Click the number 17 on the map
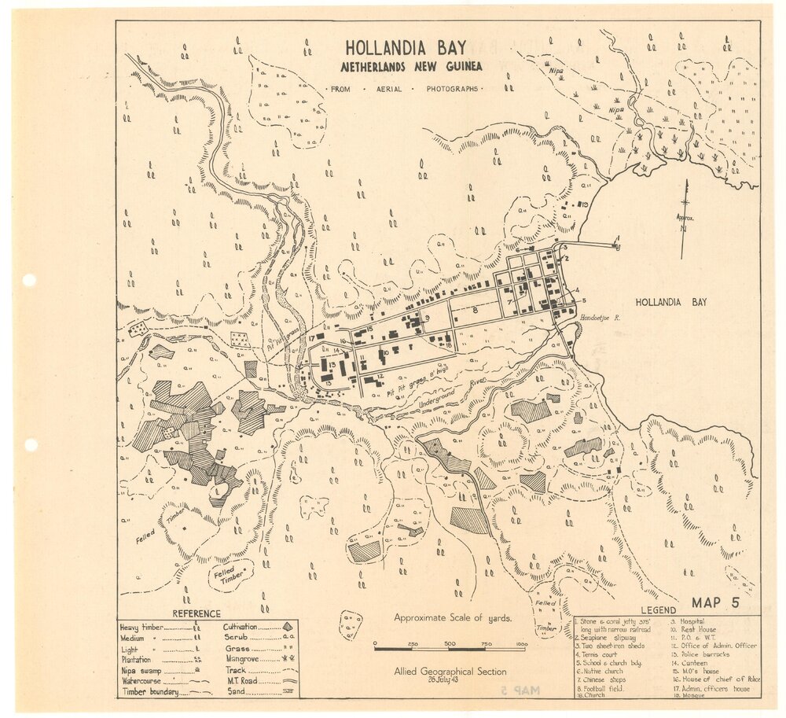pyautogui.click(x=312, y=338)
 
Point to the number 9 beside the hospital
pyautogui.click(x=427, y=318)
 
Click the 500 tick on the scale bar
pyautogui.click(x=450, y=644)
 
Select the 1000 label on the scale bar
pyautogui.click(x=520, y=644)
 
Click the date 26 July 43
pyautogui.click(x=450, y=679)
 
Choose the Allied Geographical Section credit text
pyautogui.click(x=450, y=671)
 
